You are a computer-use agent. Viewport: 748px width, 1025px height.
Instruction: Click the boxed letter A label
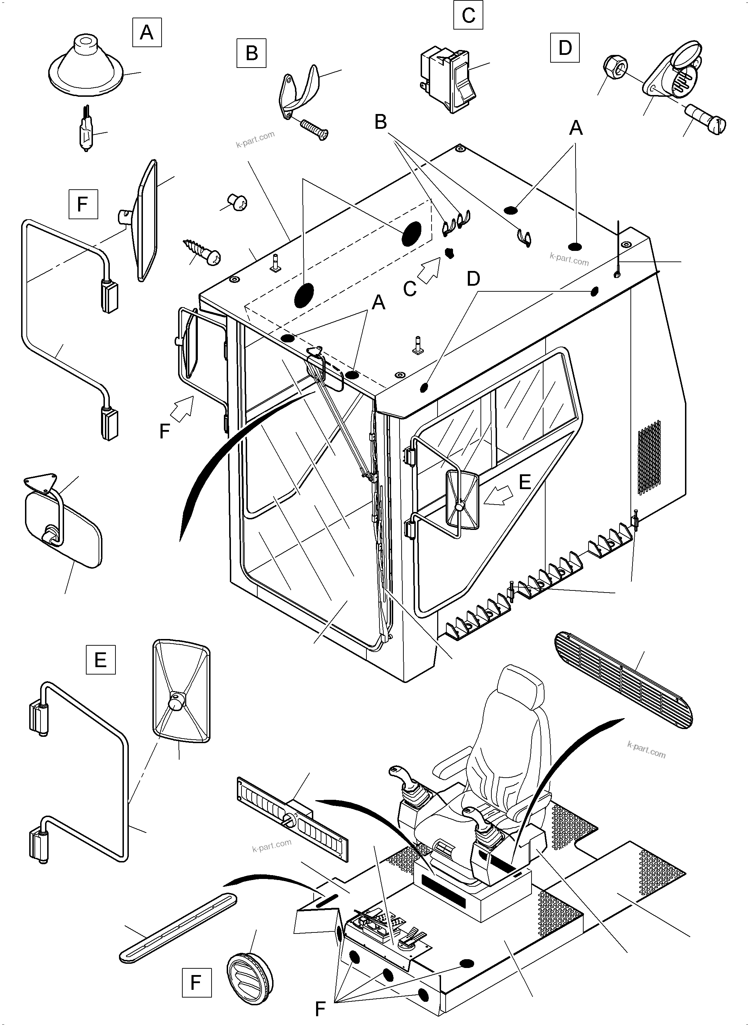click(x=147, y=32)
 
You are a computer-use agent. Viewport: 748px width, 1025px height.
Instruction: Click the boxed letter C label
click(x=468, y=15)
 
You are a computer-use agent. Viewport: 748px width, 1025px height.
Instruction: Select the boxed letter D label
click(x=565, y=48)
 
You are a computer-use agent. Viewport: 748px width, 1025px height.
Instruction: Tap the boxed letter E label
click(x=101, y=660)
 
